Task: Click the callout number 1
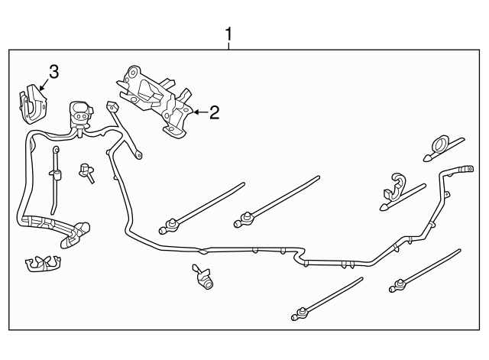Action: click(228, 34)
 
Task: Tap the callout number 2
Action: click(215, 113)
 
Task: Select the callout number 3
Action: click(53, 72)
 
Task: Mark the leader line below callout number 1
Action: click(228, 46)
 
